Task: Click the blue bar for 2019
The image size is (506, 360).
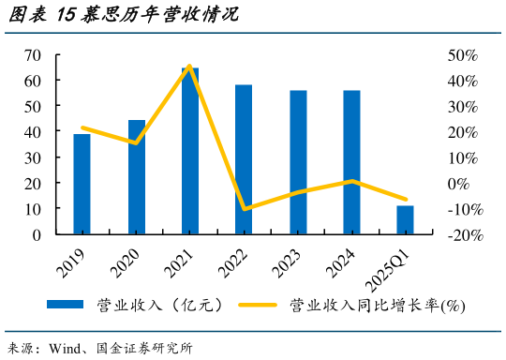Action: coord(82,184)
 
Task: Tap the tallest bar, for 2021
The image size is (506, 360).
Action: coord(190,150)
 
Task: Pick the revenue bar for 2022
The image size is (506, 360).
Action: coord(244,159)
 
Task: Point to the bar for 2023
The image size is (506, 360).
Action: coord(298,162)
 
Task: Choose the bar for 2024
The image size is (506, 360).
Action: coord(351,162)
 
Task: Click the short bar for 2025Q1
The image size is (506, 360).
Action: coord(405,220)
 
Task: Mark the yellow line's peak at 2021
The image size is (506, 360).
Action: coord(190,66)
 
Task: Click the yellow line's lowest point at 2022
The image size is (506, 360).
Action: coord(245,209)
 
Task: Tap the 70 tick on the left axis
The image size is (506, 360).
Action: coord(33,56)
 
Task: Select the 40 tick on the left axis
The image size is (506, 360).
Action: coord(33,133)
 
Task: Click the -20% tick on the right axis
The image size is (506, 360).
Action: coord(465,235)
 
